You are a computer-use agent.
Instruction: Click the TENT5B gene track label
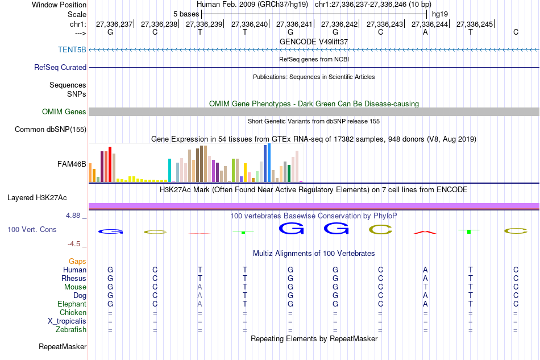pyautogui.click(x=72, y=49)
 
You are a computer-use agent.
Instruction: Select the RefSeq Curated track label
pyautogui.click(x=60, y=67)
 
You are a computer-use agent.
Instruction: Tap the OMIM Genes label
pyautogui.click(x=64, y=111)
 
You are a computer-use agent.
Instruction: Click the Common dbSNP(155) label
pyautogui.click(x=50, y=129)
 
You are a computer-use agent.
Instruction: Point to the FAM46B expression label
pyautogui.click(x=72, y=164)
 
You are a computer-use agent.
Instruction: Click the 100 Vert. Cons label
pyautogui.click(x=32, y=229)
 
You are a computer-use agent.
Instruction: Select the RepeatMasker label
pyautogui.click(x=63, y=346)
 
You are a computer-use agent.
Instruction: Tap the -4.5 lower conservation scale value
pyautogui.click(x=74, y=243)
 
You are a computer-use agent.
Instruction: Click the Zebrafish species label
pyautogui.click(x=71, y=329)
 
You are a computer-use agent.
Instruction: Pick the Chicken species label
pyautogui.click(x=73, y=312)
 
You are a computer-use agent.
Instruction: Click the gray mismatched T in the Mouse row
pyautogui.click(x=425, y=287)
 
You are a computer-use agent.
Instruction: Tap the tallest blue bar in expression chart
pyautogui.click(x=269, y=163)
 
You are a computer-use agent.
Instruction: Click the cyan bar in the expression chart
pyautogui.click(x=170, y=170)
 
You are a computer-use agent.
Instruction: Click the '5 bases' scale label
pyautogui.click(x=186, y=13)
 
